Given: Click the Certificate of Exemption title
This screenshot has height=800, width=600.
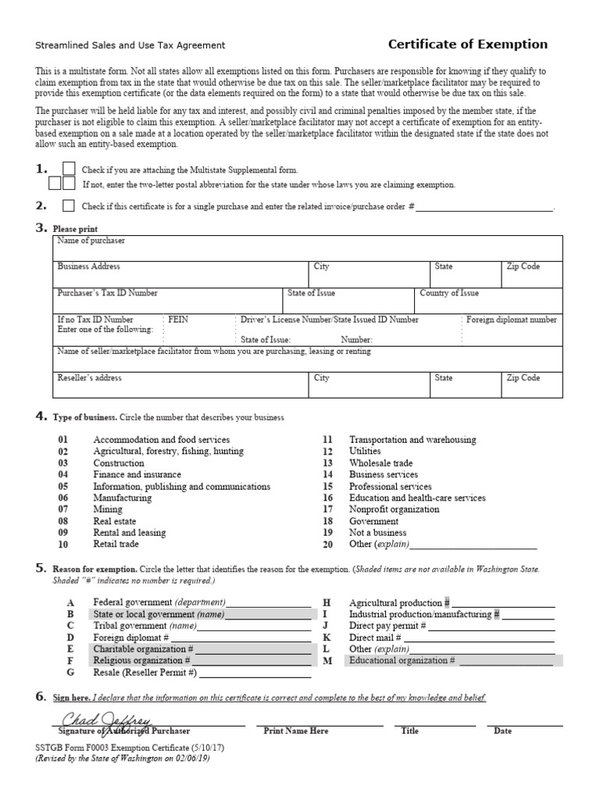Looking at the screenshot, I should tap(468, 45).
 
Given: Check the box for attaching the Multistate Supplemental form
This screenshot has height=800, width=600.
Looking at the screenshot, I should tap(69, 169).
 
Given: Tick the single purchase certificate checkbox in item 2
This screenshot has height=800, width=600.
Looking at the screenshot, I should tap(69, 206).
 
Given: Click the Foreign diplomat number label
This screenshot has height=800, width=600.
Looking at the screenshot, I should tap(512, 320).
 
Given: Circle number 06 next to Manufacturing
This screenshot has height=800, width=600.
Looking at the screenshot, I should tap(63, 498).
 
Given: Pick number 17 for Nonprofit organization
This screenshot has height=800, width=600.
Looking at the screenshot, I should tap(328, 509).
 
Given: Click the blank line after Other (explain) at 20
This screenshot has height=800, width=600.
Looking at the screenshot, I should tap(473, 545).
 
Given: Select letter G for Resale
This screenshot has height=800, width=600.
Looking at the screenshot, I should tap(70, 672).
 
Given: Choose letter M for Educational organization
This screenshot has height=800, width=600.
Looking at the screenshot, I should tap(327, 661).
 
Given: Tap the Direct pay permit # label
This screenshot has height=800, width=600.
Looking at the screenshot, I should tap(387, 626).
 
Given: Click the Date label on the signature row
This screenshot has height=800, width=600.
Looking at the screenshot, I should tap(502, 731).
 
